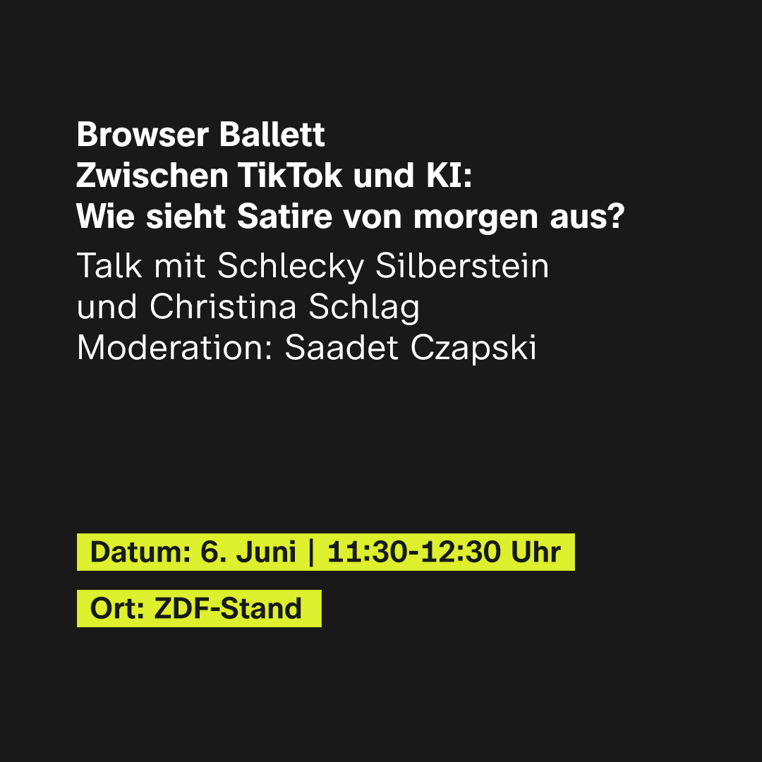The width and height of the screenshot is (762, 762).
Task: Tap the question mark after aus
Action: coord(617,217)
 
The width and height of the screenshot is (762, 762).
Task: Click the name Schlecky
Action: coord(291,267)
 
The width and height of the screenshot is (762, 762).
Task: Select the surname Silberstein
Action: coord(462,266)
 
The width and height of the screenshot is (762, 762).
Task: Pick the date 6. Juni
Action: coord(248,552)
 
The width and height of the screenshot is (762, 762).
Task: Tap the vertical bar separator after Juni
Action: coord(311,552)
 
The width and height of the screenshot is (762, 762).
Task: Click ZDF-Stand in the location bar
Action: coord(228,609)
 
